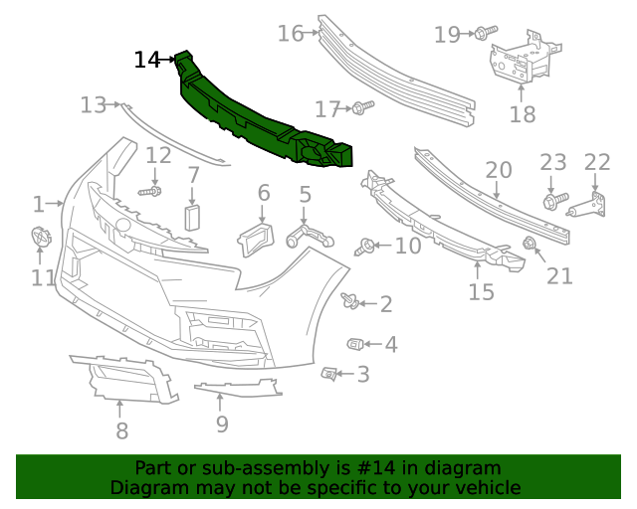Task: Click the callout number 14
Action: coord(146,61)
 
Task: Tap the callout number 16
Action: coord(291,34)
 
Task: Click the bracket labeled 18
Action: coord(519,62)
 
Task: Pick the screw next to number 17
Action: coord(361,105)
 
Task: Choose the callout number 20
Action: coord(499,170)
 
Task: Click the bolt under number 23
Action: coord(550,201)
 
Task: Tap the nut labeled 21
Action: coord(530,244)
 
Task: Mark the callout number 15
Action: coord(482,291)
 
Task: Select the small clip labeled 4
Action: coord(353,344)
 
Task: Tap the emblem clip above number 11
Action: coord(41,239)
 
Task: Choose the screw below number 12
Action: coord(150,189)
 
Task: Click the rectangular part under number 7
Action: coord(193,219)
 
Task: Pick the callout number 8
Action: coord(121,430)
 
